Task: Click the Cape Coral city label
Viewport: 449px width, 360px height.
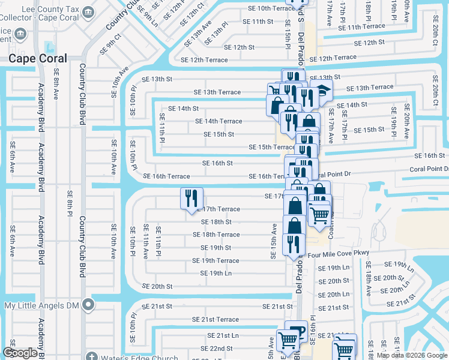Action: tap(37, 58)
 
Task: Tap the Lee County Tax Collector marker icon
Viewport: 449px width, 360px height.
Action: tap(88, 11)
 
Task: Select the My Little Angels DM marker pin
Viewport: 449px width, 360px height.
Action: tap(88, 305)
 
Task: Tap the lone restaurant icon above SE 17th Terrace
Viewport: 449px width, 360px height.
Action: tap(192, 198)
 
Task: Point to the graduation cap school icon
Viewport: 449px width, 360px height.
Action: tap(324, 92)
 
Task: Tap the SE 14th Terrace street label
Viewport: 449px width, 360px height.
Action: tap(218, 121)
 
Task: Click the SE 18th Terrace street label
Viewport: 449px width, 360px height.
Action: tap(220, 235)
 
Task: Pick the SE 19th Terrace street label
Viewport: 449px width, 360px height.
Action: tap(215, 260)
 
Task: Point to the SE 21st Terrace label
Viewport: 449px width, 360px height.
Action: tap(215, 320)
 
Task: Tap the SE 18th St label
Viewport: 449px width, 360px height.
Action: tap(216, 221)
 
